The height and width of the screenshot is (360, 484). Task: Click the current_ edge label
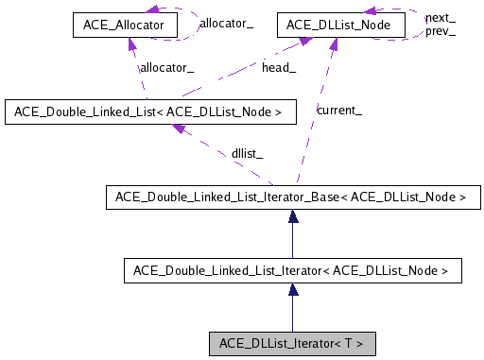click(338, 111)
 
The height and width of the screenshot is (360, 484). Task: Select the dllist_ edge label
click(247, 152)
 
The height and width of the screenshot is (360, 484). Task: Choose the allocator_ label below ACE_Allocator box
click(166, 67)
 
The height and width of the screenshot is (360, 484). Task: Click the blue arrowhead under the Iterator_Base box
click(294, 217)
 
